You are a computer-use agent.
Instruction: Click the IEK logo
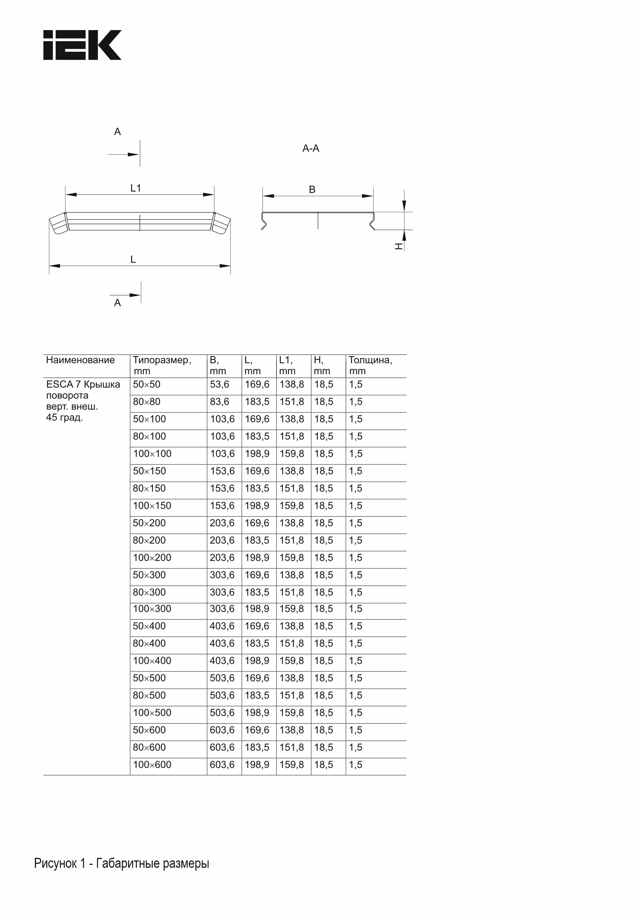pyautogui.click(x=82, y=45)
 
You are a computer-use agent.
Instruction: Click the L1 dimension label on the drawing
pyautogui.click(x=136, y=188)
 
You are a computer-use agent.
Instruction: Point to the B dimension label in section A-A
pyautogui.click(x=312, y=189)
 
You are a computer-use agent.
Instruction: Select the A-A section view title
pyautogui.click(x=311, y=149)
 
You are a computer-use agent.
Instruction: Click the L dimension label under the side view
pyautogui.click(x=133, y=259)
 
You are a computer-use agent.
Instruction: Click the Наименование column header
pyautogui.click(x=80, y=360)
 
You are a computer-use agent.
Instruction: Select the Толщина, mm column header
pyautogui.click(x=370, y=365)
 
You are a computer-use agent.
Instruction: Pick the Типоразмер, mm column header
pyautogui.click(x=162, y=365)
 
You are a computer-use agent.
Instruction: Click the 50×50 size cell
pyautogui.click(x=146, y=385)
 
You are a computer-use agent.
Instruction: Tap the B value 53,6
pyautogui.click(x=220, y=385)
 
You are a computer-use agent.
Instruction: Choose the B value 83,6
pyautogui.click(x=220, y=402)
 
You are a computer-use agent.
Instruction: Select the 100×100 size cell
pyautogui.click(x=152, y=454)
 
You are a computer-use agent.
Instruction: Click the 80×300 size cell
pyautogui.click(x=149, y=592)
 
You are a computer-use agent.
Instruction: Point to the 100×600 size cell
pyautogui.click(x=152, y=765)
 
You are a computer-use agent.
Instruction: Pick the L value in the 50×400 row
pyautogui.click(x=257, y=626)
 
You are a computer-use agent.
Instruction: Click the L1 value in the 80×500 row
pyautogui.click(x=291, y=695)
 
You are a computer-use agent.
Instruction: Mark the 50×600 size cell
pyautogui.click(x=149, y=730)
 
